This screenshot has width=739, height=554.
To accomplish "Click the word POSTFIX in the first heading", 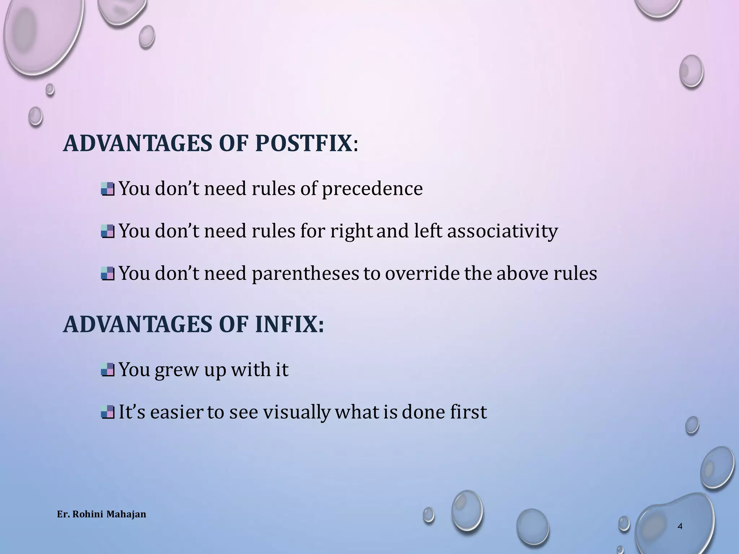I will (x=303, y=144).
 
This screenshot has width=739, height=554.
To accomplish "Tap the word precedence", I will (x=372, y=189).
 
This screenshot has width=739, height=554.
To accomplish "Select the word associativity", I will (x=502, y=231).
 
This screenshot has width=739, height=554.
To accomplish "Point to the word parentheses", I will (x=305, y=273).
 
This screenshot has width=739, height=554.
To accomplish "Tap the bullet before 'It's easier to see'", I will (x=108, y=412).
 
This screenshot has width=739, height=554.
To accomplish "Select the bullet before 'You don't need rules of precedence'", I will (x=108, y=189).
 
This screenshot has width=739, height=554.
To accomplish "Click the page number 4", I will (x=680, y=526).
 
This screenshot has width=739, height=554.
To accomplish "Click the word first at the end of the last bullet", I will (x=468, y=412).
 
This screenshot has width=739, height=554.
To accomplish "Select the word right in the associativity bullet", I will (x=351, y=231).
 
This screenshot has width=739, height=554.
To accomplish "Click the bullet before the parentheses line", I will (x=108, y=273).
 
